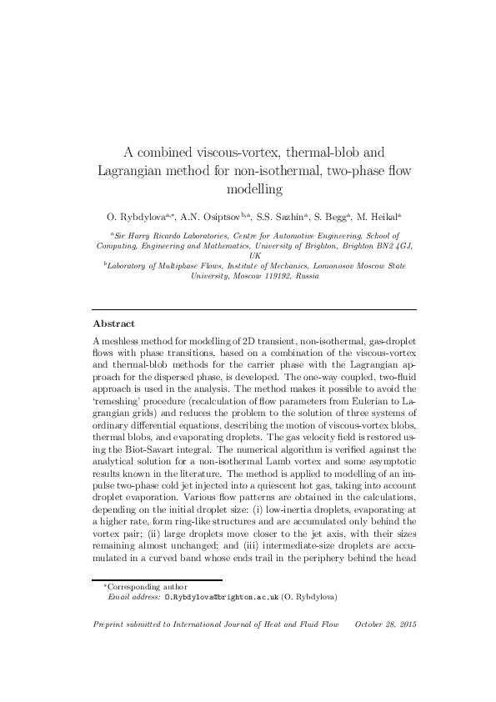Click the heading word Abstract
click(x=113, y=300)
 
